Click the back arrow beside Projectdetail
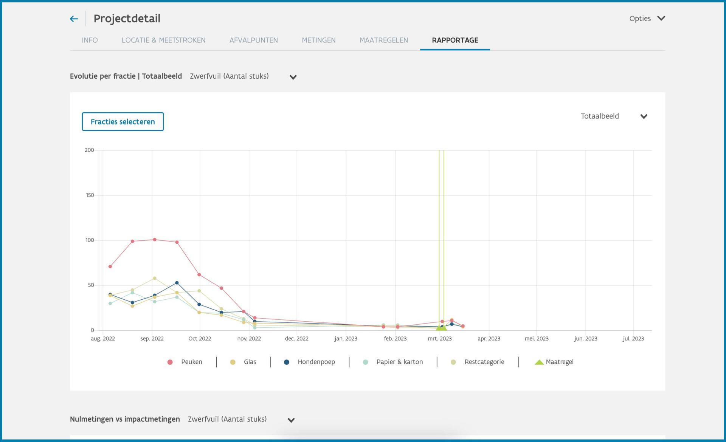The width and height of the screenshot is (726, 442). click(x=74, y=19)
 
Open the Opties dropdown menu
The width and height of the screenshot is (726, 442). click(x=647, y=19)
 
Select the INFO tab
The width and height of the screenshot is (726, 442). click(x=90, y=40)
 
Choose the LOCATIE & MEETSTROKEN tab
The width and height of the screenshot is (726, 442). click(x=163, y=40)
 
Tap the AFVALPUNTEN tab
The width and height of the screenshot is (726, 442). click(x=253, y=40)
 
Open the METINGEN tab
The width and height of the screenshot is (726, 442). click(x=318, y=40)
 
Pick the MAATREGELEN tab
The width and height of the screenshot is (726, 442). click(x=383, y=40)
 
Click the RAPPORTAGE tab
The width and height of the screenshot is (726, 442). click(x=455, y=40)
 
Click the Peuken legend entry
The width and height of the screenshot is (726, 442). click(x=185, y=362)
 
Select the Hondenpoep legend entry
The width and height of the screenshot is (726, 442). click(x=309, y=362)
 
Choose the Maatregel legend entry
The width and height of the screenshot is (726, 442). click(x=554, y=362)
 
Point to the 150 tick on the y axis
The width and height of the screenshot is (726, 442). click(x=90, y=195)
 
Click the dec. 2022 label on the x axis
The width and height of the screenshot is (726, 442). click(x=297, y=338)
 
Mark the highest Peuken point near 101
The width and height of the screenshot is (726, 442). click(x=155, y=240)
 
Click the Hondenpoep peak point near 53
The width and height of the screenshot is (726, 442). click(x=177, y=283)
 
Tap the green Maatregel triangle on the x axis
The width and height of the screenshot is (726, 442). click(x=441, y=327)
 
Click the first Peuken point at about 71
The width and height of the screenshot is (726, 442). click(x=110, y=266)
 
